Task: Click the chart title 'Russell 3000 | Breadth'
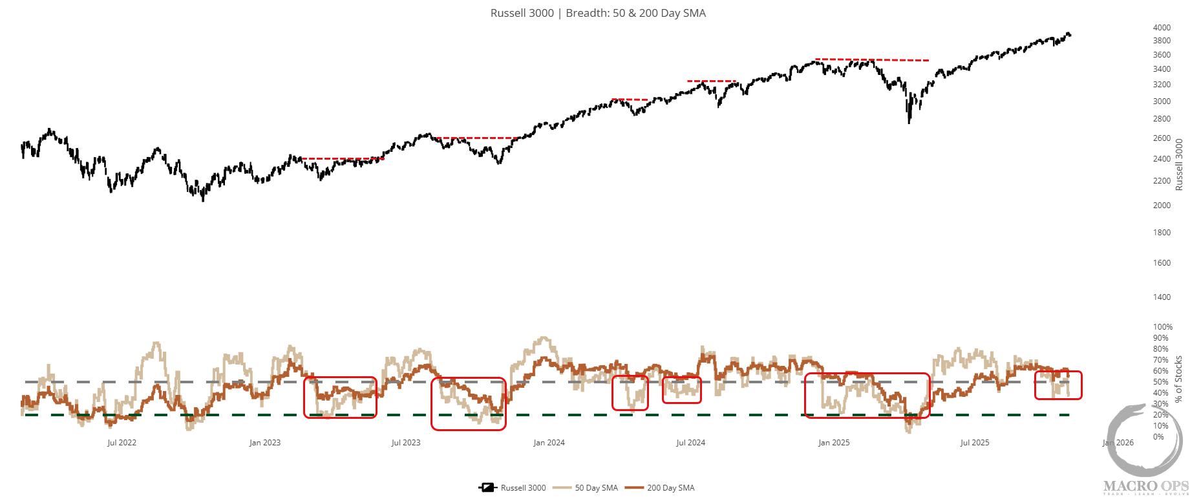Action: click(598, 13)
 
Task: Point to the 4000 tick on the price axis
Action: click(1162, 28)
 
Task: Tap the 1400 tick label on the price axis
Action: click(1162, 297)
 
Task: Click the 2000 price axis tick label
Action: click(1162, 206)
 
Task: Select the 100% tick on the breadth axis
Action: click(1163, 327)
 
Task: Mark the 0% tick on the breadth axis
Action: click(1159, 437)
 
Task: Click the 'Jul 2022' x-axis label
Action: click(122, 443)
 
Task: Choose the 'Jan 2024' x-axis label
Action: click(549, 443)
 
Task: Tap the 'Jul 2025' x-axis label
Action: click(975, 443)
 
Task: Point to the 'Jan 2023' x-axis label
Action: click(265, 443)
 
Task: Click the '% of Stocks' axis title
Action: click(1178, 379)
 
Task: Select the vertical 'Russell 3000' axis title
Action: click(1179, 164)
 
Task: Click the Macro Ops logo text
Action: click(1145, 486)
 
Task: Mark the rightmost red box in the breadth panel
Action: click(1058, 385)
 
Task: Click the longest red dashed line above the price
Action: click(872, 60)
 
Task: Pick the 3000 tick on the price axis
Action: click(1162, 101)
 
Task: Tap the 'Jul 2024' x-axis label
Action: click(690, 443)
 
